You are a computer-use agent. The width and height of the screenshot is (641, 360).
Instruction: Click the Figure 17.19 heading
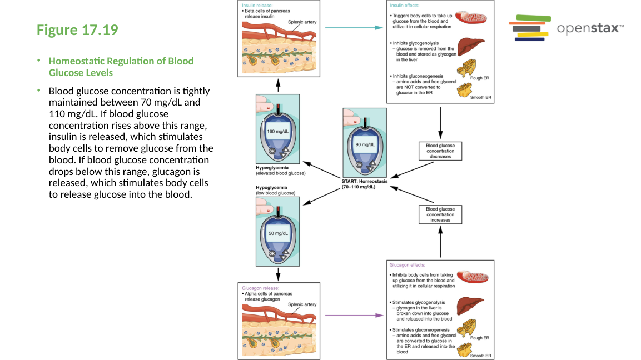coord(77,30)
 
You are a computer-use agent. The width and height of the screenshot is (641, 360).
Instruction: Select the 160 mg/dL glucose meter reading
coord(278,131)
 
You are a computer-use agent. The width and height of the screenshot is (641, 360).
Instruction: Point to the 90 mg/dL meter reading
coord(365,144)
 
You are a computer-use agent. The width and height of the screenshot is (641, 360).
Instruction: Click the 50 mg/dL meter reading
coord(278,233)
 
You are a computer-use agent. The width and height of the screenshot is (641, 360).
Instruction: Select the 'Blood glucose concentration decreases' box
coord(440,151)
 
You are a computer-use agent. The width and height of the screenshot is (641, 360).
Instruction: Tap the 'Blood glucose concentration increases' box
coord(440,214)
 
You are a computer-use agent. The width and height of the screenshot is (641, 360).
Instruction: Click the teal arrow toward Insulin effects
coord(354,27)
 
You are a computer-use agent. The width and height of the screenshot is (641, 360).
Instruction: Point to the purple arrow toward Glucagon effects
coord(354,315)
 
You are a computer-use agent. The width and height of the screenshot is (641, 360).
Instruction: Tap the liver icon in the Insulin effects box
coord(470,46)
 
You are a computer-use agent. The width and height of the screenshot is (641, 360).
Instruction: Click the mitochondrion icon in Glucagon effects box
coord(472,276)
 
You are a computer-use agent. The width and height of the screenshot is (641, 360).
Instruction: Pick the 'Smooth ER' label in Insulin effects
coord(480,97)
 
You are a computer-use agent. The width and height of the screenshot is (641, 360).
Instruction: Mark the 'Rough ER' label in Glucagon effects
coord(479,337)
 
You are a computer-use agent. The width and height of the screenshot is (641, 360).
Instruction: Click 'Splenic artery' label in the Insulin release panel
coord(302,22)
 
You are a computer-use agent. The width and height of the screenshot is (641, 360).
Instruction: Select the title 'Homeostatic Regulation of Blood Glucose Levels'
coord(121,67)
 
